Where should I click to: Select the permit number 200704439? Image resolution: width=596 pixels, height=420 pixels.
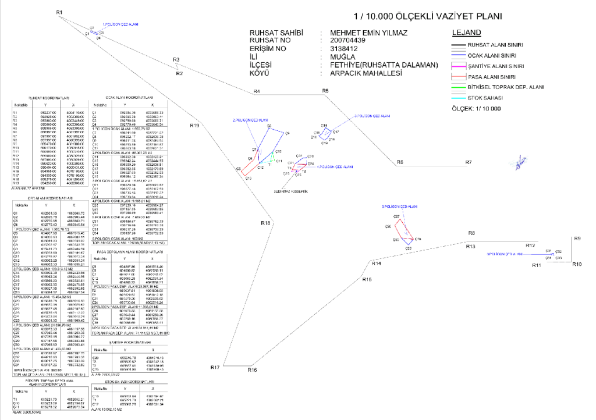(x=343, y=41)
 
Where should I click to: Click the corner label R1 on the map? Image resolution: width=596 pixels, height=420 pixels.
(x=59, y=12)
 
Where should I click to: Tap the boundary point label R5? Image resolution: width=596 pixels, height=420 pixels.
(x=325, y=90)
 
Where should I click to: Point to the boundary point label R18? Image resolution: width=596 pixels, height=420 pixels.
(x=265, y=223)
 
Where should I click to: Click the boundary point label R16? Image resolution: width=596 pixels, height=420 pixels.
(x=251, y=370)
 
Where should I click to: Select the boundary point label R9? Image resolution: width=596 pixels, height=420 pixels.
(x=577, y=239)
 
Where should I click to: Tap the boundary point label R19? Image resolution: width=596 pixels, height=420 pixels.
(x=194, y=126)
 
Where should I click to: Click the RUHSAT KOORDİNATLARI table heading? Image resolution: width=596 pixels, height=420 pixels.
(x=49, y=98)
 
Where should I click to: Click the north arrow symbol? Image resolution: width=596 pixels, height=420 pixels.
(x=517, y=165)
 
